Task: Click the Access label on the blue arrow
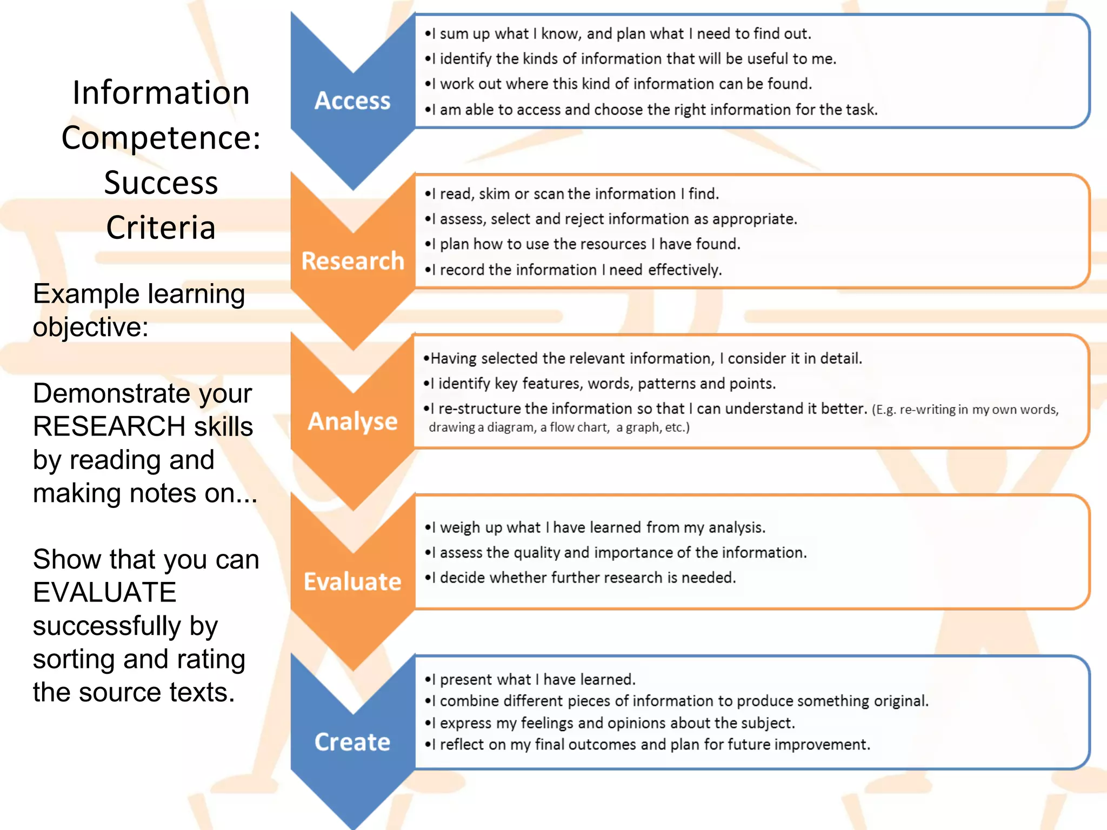click(x=352, y=101)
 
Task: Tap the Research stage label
click(x=352, y=261)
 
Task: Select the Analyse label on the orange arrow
click(x=352, y=421)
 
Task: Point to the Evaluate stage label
click(x=352, y=582)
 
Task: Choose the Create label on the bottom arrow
click(x=352, y=742)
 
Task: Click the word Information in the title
click(x=161, y=93)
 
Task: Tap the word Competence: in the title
click(x=161, y=138)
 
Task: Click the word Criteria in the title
click(x=161, y=227)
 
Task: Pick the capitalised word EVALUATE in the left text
click(x=104, y=593)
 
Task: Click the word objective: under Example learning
click(x=90, y=327)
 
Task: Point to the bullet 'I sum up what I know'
click(x=617, y=34)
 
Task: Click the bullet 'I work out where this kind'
click(x=618, y=84)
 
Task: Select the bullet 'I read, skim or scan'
click(x=571, y=194)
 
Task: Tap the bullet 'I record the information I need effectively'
click(x=573, y=270)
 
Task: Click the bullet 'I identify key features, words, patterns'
click(x=599, y=384)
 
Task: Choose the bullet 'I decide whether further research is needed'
click(x=580, y=578)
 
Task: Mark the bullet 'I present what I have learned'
click(x=530, y=679)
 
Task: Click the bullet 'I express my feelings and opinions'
click(x=609, y=723)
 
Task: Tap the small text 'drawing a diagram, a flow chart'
click(x=559, y=427)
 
